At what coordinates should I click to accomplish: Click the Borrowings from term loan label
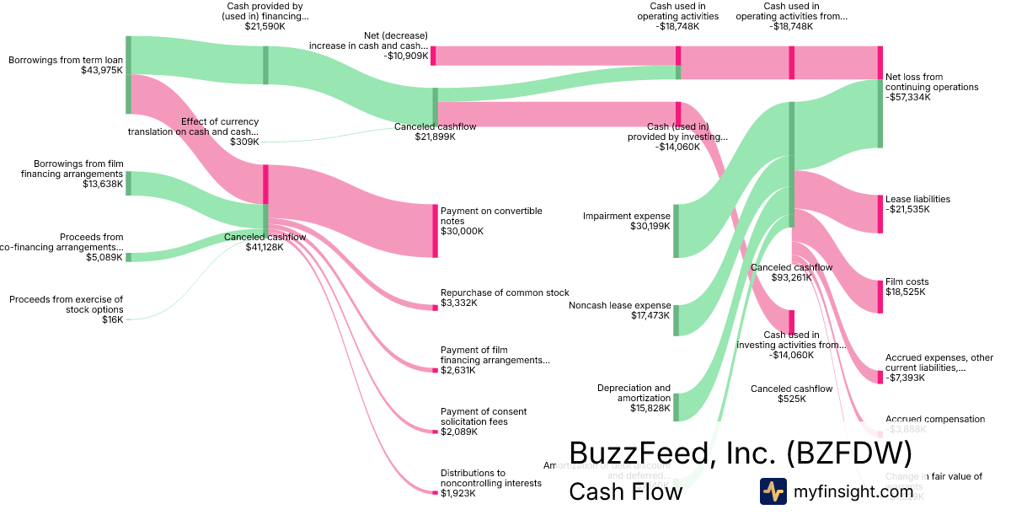[x=66, y=60]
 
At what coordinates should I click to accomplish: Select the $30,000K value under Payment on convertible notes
[x=462, y=231]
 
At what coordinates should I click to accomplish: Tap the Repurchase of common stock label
[x=505, y=292]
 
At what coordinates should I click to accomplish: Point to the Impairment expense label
[x=626, y=217]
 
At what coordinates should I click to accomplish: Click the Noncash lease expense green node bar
[x=676, y=320]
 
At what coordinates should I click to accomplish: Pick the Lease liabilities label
[x=917, y=199]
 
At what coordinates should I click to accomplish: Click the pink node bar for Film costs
[x=880, y=295]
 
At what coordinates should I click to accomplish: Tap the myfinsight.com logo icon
[x=773, y=491]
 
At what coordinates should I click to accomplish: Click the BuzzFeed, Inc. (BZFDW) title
[x=740, y=453]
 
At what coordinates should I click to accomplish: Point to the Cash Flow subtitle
[x=625, y=492]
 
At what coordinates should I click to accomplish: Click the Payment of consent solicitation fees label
[x=484, y=416]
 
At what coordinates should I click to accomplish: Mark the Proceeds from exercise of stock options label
[x=66, y=304]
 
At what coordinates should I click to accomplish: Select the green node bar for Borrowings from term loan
[x=128, y=74]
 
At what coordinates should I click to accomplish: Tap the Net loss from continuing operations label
[x=932, y=82]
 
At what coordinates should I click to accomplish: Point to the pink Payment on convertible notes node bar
[x=435, y=230]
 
